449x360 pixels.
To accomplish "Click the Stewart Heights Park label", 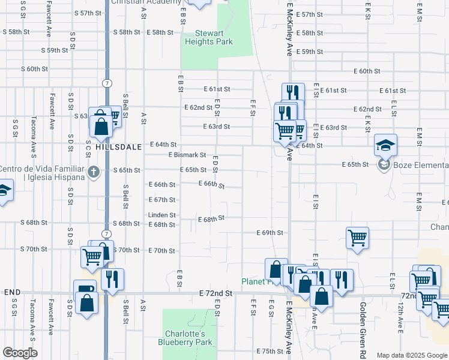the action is point(209,37).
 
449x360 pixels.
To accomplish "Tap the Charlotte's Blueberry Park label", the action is point(185,338).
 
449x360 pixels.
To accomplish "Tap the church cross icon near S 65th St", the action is point(93,173).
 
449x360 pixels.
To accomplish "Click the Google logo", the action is point(20,353).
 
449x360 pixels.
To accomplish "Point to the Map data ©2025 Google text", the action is point(411,355).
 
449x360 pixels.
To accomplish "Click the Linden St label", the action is point(162,215).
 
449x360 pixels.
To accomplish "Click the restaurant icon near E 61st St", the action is point(293,92).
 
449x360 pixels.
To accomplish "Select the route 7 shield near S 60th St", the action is point(106,82).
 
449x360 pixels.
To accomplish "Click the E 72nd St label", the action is point(215,293).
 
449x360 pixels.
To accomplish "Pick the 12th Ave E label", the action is point(400,317).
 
